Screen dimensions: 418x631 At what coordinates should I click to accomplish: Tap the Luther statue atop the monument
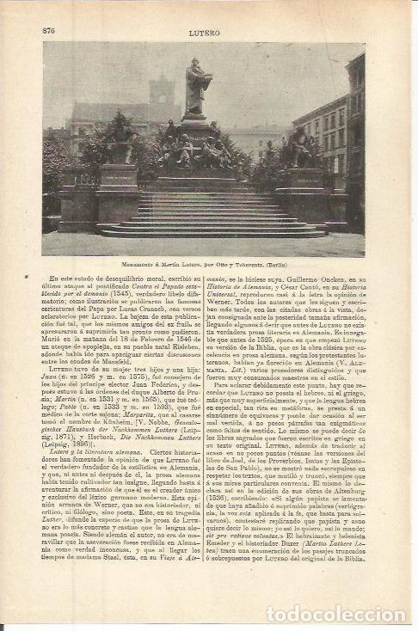point(198,89)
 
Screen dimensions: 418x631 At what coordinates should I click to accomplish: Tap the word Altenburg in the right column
point(343,513)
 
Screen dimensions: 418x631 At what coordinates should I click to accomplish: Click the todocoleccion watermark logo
point(335,591)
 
